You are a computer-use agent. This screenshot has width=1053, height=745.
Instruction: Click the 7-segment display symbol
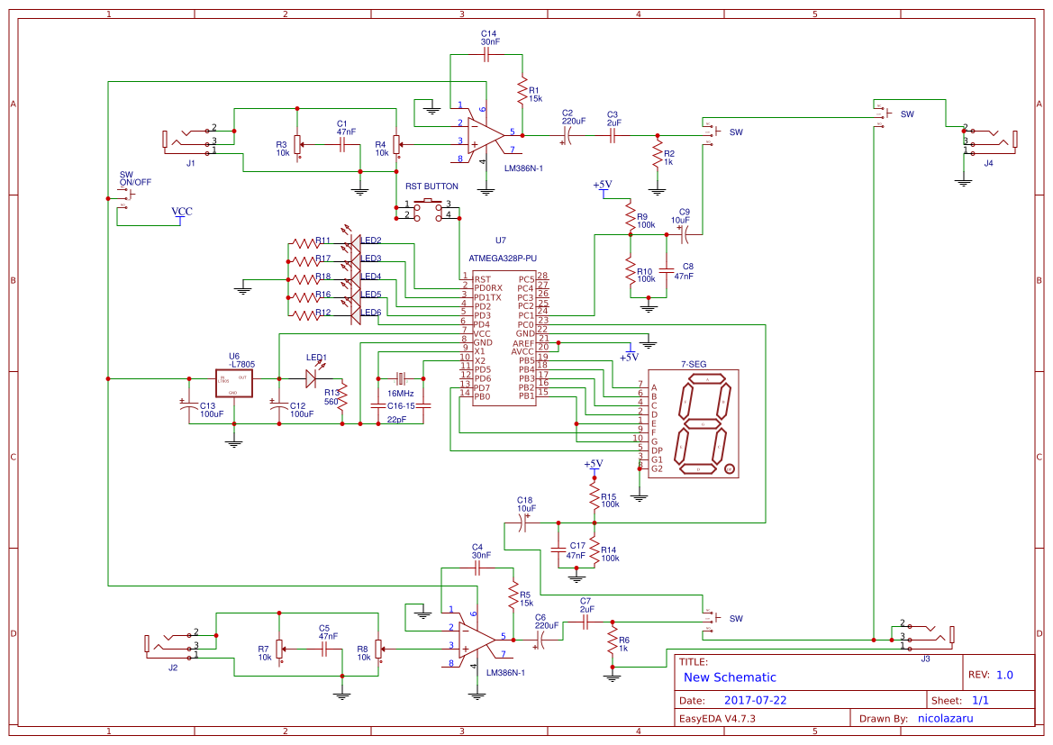click(694, 423)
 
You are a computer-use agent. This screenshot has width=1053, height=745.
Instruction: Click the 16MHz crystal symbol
click(401, 378)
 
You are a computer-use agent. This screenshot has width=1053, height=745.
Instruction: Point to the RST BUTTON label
click(431, 186)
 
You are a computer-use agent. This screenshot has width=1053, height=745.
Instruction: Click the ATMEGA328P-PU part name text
click(502, 258)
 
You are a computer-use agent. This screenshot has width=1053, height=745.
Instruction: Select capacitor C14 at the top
click(486, 55)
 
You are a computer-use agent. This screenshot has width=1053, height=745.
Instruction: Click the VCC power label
click(182, 213)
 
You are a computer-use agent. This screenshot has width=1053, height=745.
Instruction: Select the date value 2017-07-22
click(755, 700)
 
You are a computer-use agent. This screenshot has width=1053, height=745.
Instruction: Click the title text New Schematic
click(730, 677)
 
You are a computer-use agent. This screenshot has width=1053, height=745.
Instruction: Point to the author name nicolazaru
click(945, 718)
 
